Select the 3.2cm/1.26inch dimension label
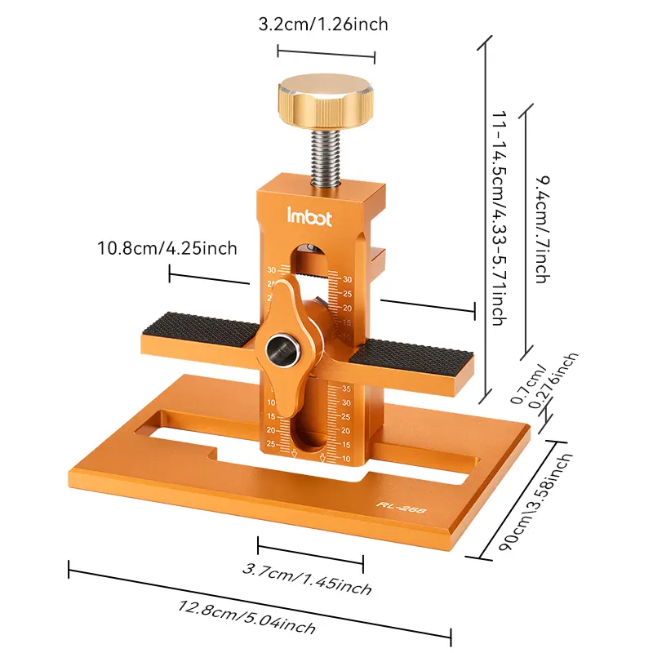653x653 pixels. pos(323,24)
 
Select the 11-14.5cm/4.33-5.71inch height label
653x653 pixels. pos(499,218)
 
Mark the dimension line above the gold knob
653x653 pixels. pos(326,56)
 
